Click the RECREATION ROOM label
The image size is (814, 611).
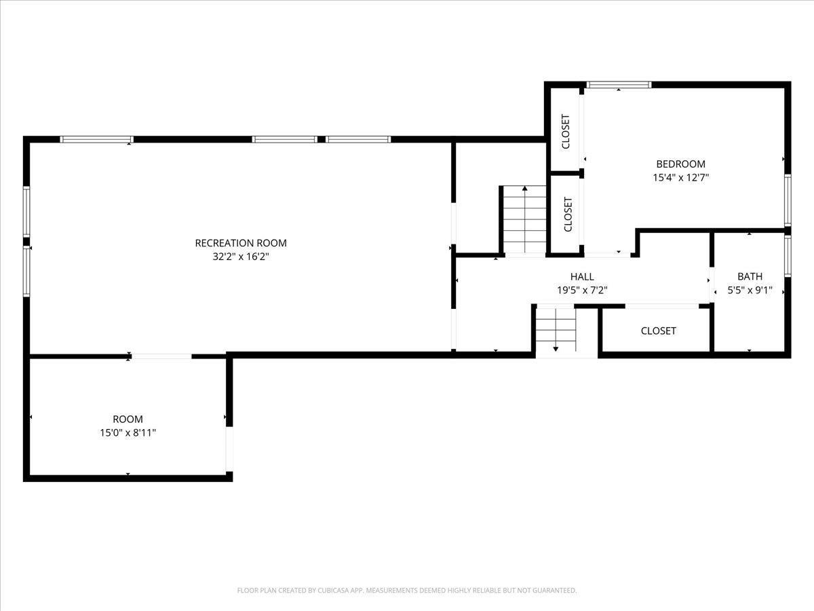click(241, 243)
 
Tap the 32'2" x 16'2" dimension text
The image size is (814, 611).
click(241, 257)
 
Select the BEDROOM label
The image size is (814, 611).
click(681, 164)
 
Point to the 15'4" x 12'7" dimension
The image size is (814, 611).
click(681, 177)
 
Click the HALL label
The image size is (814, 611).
click(582, 276)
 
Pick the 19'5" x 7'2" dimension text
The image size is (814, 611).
click(582, 290)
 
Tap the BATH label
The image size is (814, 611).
click(750, 276)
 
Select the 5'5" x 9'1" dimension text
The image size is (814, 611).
click(750, 290)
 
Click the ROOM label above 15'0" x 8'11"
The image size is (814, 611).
click(128, 419)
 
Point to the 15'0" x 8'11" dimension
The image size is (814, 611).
click(128, 432)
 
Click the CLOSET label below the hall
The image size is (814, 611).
click(658, 331)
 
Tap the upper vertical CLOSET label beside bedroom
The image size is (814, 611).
click(566, 131)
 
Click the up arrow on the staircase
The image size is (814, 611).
click(525, 219)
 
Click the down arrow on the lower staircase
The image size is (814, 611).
click(556, 330)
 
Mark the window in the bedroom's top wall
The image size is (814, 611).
click(619, 85)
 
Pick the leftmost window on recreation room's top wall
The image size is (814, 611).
click(96, 139)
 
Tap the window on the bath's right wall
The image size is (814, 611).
click(788, 257)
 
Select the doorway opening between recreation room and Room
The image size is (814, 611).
click(161, 356)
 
